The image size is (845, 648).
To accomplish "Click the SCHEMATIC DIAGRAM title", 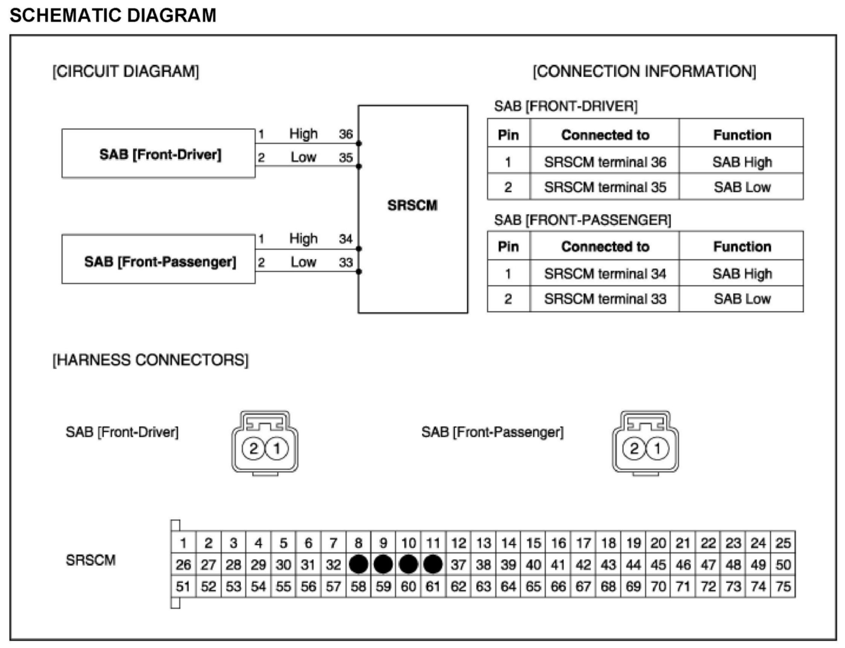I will pos(113,16).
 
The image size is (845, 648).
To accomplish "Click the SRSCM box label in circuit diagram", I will pos(412,205).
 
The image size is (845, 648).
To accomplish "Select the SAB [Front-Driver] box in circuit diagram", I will pos(158,154).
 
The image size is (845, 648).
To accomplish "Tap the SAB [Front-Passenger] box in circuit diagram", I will pos(158,260).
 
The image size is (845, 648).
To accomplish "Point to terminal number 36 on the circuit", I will pos(346,134).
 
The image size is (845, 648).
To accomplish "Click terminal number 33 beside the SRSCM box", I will pos(346,262).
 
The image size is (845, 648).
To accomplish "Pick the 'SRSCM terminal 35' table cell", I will pos(605,187).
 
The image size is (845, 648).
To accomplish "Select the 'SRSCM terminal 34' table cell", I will pos(605,274).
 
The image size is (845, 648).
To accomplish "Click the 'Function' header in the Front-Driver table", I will pos(742,135).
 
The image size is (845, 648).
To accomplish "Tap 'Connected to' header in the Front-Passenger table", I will pos(605,247).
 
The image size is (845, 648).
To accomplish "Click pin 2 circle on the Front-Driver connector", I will pos(253,448).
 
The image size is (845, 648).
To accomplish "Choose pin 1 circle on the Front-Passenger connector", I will pos(657,448).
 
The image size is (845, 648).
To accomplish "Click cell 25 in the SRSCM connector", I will pos(783,543).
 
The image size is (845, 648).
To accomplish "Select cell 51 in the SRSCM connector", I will pos(183,587).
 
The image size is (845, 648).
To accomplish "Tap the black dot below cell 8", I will pos(358,565).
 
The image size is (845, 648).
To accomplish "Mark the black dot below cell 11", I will pos(433,565).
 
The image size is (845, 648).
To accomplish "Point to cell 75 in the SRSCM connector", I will pos(783,587).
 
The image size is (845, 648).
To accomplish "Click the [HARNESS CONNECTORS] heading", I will pos(150,360).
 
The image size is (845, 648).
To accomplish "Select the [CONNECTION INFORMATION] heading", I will pos(644,72).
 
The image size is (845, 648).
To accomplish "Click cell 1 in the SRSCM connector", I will pos(183,543).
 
